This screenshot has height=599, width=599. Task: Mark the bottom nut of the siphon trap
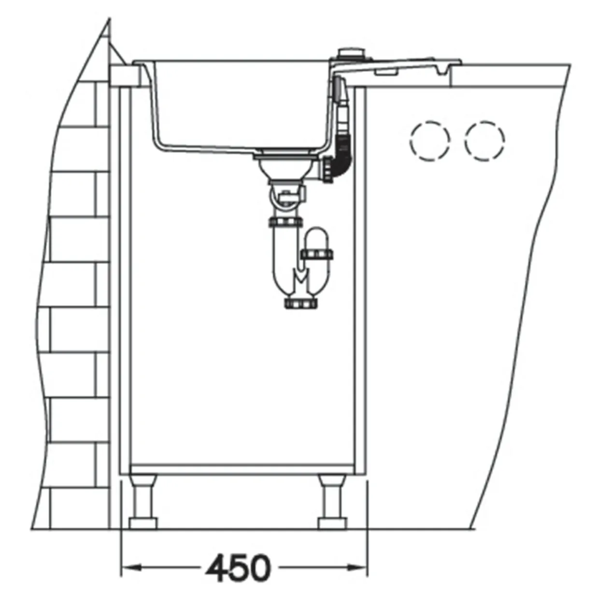pos(301,303)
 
